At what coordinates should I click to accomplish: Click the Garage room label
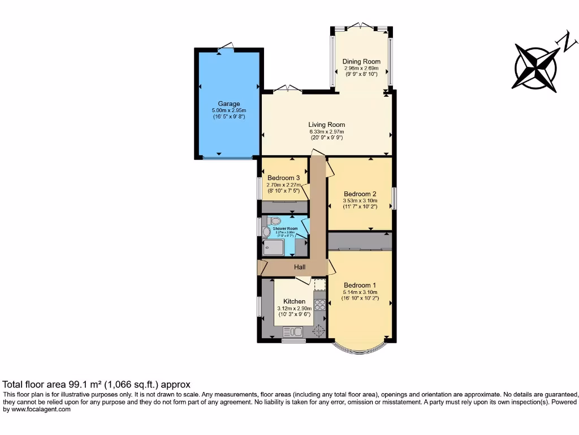[229, 104]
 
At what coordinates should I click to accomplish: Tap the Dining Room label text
[361, 61]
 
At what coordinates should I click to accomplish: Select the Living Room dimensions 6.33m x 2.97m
[326, 131]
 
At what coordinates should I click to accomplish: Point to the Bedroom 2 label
[360, 194]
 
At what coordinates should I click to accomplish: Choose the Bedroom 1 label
[360, 285]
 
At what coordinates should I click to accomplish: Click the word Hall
[299, 267]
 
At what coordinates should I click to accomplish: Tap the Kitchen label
[294, 301]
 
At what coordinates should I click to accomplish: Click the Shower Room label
[285, 229]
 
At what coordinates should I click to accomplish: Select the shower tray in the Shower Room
[274, 246]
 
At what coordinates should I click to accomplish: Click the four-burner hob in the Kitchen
[319, 305]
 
